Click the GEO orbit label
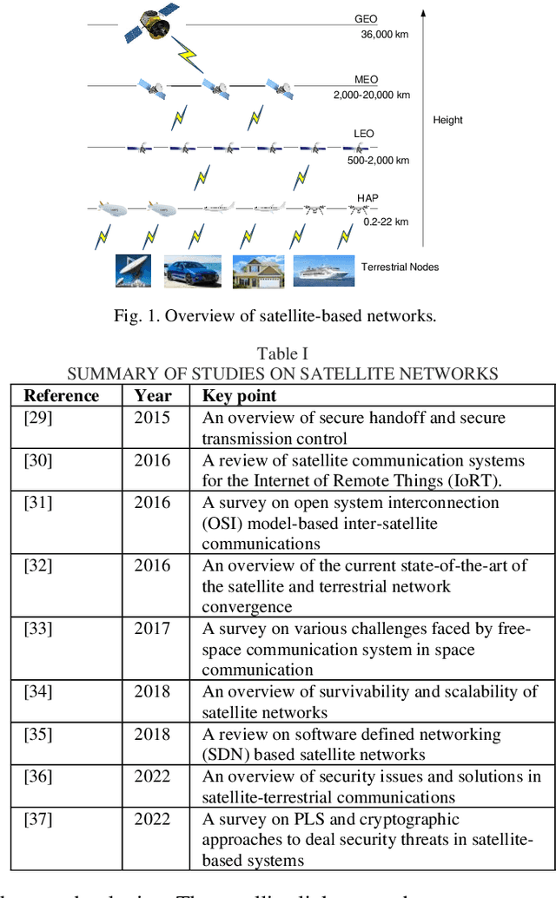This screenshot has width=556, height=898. tap(366, 18)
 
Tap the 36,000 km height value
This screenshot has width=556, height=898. tap(384, 36)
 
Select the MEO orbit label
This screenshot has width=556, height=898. tap(366, 80)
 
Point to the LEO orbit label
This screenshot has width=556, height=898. tap(364, 134)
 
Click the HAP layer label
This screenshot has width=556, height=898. tap(367, 199)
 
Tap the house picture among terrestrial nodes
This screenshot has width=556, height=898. tap(258, 271)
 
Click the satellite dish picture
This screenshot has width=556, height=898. tap(135, 271)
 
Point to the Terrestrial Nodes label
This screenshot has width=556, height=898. tap(400, 267)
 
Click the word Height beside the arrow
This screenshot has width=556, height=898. tap(447, 120)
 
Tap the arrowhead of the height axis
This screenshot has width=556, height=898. tap(424, 13)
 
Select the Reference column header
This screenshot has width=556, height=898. tap(62, 396)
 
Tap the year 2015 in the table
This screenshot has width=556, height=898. tap(153, 418)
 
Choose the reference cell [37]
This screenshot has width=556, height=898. tap(38, 819)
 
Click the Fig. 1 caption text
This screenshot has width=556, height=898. tap(275, 315)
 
